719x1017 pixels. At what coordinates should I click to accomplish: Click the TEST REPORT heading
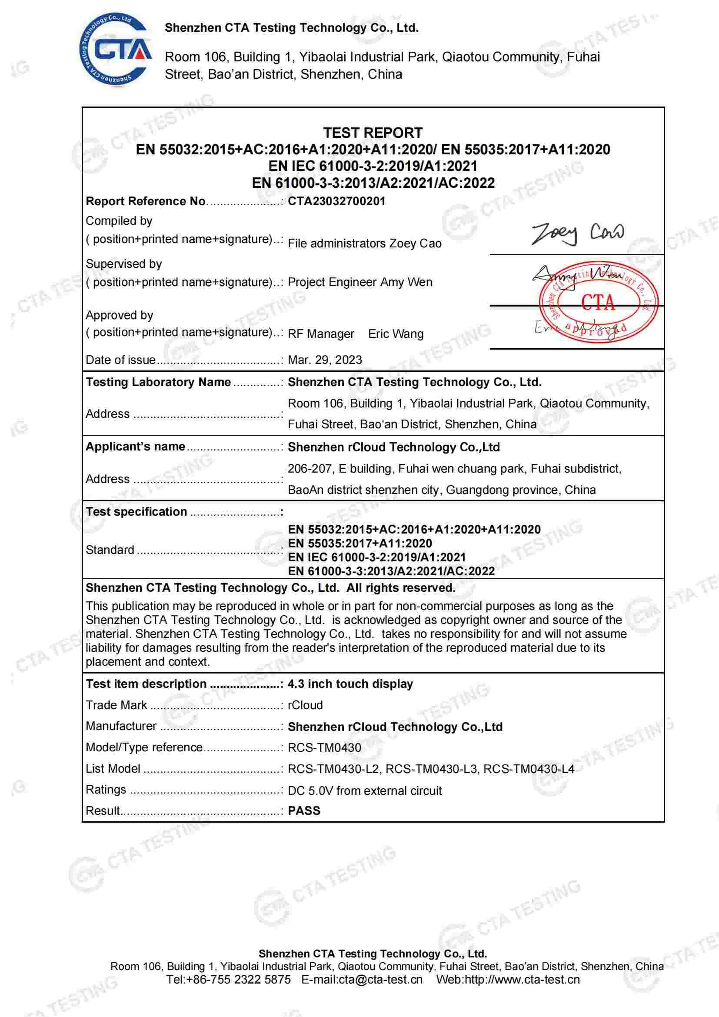pyautogui.click(x=373, y=133)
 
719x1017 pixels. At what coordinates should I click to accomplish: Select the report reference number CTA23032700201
pyautogui.click(x=336, y=202)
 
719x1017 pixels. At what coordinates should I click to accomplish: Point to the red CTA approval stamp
pyautogui.click(x=598, y=303)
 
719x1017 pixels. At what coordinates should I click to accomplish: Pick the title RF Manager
pyautogui.click(x=321, y=334)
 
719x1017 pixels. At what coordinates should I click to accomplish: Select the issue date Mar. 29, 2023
pyautogui.click(x=325, y=360)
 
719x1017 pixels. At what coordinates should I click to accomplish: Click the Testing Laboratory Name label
pyautogui.click(x=158, y=382)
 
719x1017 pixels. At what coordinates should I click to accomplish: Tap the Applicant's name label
pyautogui.click(x=136, y=447)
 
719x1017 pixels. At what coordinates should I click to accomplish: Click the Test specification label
pyautogui.click(x=136, y=512)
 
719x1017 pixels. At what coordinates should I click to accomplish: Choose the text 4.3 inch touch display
pyautogui.click(x=350, y=684)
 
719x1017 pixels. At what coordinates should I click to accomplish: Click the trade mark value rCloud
pyautogui.click(x=305, y=705)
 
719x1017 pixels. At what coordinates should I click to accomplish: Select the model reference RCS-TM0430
pyautogui.click(x=325, y=748)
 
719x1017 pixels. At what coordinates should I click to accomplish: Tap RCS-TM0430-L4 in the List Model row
pyautogui.click(x=529, y=769)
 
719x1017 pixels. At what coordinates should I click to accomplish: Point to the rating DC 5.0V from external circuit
pyautogui.click(x=365, y=790)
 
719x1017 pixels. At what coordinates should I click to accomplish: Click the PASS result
pyautogui.click(x=304, y=810)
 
